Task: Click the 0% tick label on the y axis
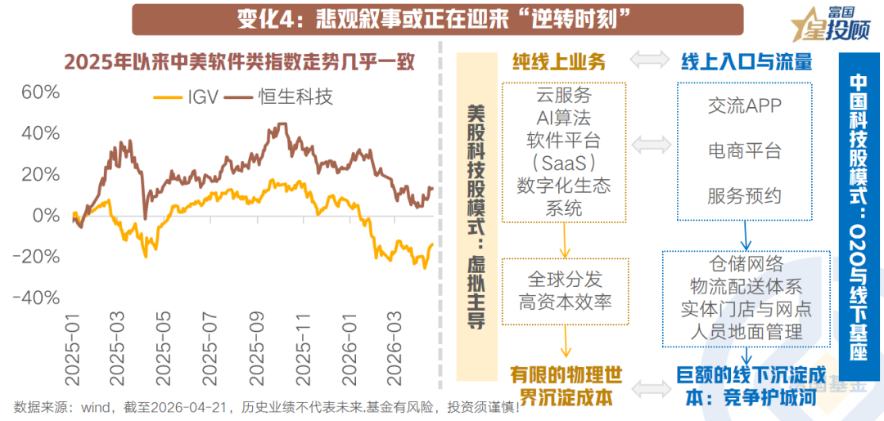click(46, 215)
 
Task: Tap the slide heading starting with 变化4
click(437, 19)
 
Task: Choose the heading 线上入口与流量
click(746, 61)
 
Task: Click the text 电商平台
click(744, 150)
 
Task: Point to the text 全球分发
click(565, 279)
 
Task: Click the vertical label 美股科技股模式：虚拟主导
click(476, 216)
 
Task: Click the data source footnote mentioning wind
click(267, 407)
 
